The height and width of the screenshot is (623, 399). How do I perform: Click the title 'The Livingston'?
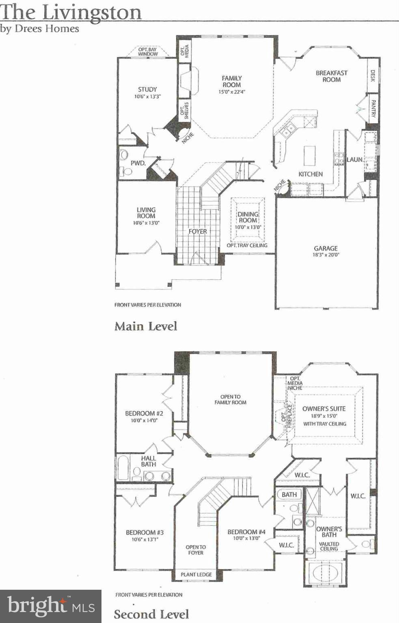71,12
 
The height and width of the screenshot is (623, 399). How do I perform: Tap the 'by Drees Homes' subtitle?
40,29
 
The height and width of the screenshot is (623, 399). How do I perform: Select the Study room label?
147,89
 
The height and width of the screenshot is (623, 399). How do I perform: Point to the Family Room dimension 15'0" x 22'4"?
231,92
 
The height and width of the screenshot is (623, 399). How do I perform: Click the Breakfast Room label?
332,76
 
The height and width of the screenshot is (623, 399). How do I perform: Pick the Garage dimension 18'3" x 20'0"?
326,255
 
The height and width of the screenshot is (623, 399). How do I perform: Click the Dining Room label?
248,217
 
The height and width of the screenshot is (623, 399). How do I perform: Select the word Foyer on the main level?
198,231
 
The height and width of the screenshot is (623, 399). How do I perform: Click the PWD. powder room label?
138,163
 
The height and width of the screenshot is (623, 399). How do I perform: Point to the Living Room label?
146,213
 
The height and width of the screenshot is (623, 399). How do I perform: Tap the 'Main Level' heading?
146,326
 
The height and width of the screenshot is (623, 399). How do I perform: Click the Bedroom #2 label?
144,413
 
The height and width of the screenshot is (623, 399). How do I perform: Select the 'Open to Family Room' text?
231,400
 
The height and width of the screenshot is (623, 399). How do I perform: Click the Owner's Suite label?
324,408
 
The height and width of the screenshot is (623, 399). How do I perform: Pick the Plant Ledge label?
196,574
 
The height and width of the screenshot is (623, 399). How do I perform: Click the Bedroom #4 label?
246,532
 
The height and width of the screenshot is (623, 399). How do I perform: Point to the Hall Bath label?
149,461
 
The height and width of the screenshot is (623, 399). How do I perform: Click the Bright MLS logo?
51,606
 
